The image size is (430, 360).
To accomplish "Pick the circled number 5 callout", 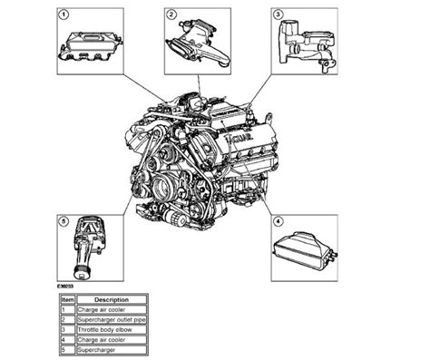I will (63, 219).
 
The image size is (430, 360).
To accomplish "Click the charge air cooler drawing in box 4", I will (305, 250).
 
